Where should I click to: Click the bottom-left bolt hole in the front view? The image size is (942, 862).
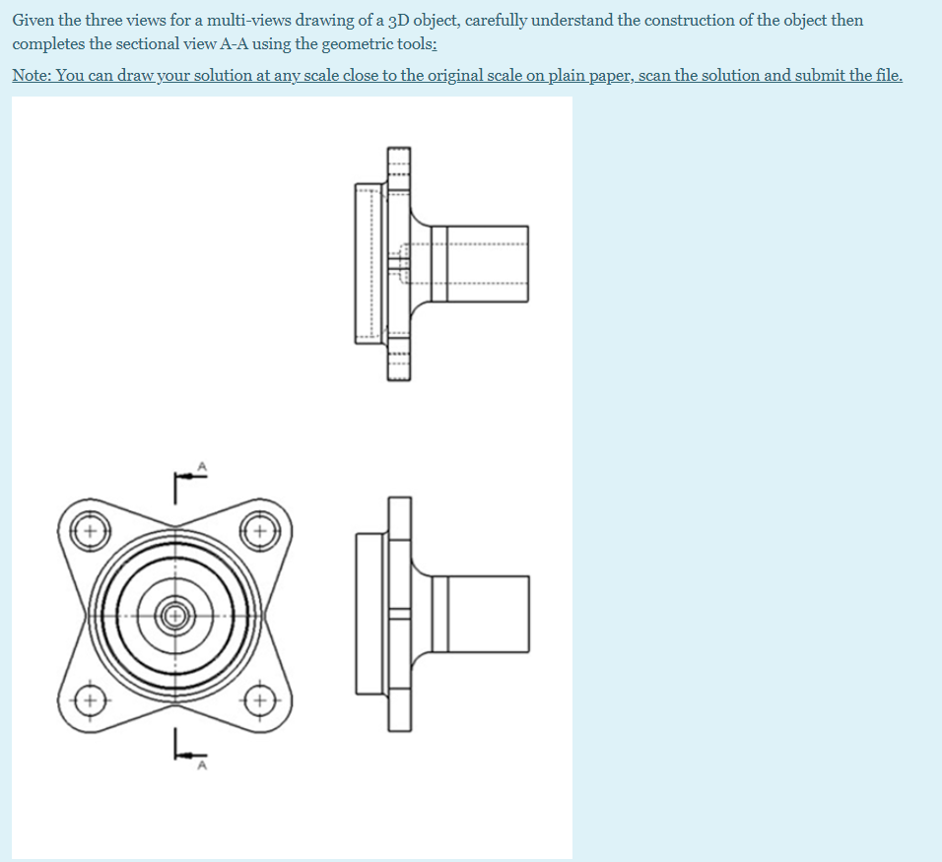(x=89, y=702)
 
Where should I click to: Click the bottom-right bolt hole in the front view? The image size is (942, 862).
(x=261, y=702)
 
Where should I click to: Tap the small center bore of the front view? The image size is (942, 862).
(x=175, y=617)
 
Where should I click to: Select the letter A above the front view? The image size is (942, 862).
(x=203, y=465)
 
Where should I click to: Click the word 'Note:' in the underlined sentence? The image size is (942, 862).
(x=33, y=76)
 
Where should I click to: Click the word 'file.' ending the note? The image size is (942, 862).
(x=884, y=76)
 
